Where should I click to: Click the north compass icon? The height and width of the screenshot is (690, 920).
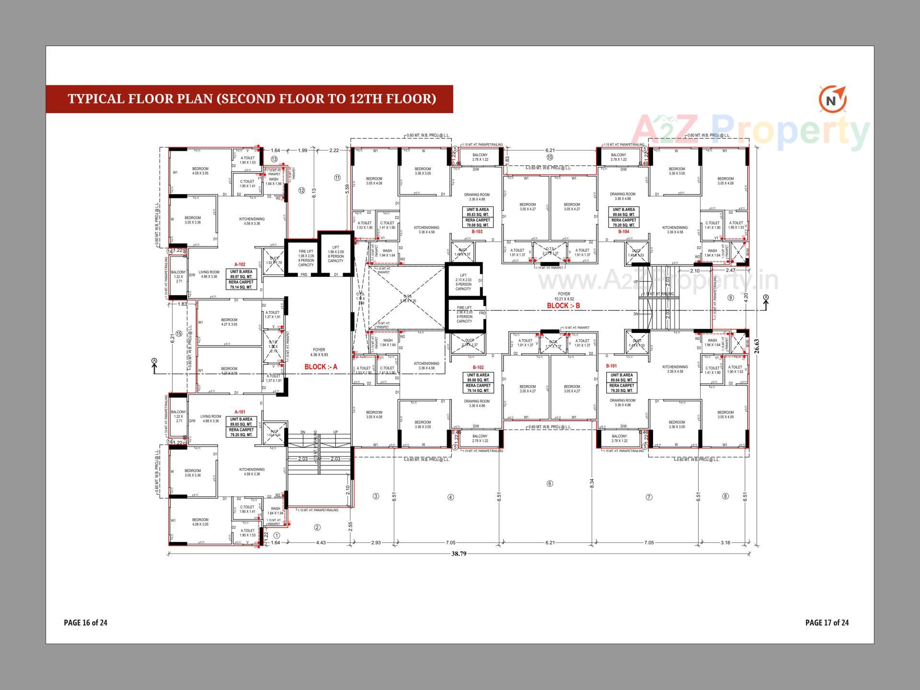[833, 100]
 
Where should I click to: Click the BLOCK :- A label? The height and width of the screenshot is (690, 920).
[321, 367]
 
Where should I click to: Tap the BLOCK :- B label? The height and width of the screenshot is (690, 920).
[563, 306]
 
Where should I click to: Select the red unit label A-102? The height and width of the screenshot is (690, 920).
[240, 264]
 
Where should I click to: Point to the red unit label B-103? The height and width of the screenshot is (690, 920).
[477, 231]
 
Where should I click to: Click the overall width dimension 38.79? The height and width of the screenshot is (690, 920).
[459, 554]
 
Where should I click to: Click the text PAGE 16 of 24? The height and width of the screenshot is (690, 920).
[85, 622]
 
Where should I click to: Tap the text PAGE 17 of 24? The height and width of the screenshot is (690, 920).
[827, 622]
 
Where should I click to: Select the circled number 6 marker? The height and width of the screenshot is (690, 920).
[550, 483]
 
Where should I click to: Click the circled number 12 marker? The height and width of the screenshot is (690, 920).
[301, 190]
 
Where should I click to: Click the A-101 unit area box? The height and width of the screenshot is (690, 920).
[241, 427]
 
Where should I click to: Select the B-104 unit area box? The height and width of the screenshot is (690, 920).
[623, 217]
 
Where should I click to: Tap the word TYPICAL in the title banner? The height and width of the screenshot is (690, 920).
[96, 99]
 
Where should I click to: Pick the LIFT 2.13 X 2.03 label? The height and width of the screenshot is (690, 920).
[463, 282]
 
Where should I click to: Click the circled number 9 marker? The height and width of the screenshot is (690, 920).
[731, 298]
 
